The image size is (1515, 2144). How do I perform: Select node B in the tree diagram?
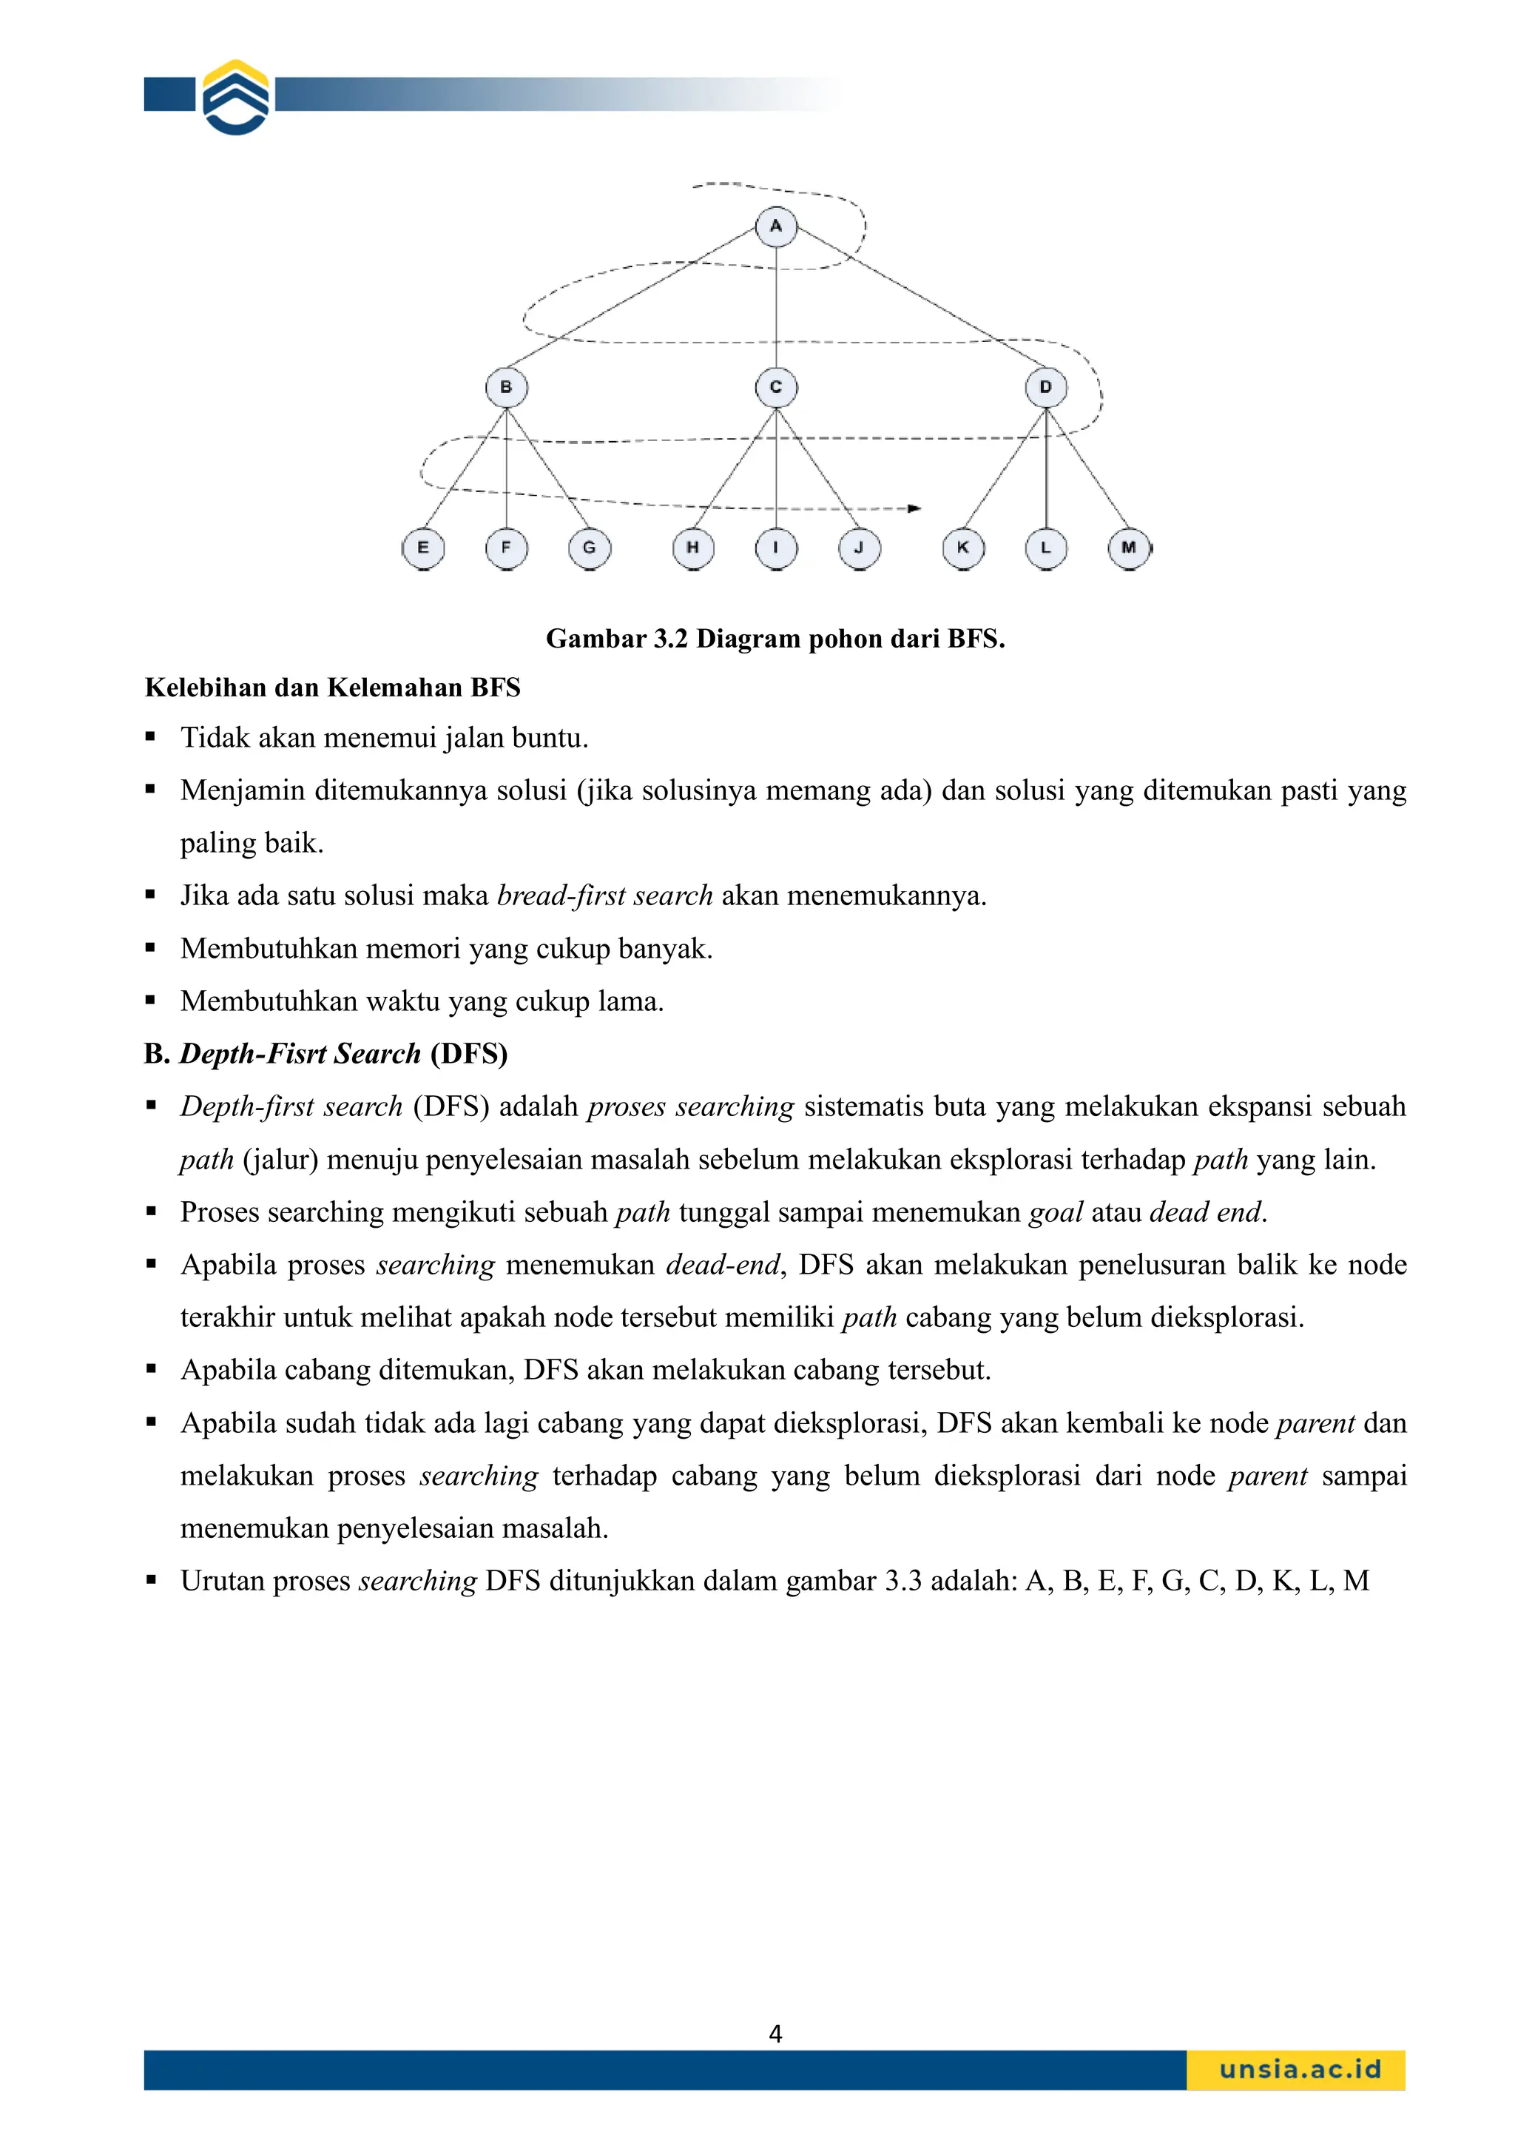tap(506, 388)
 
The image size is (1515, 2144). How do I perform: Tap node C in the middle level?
tap(776, 388)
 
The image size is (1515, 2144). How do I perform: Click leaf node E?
tap(423, 548)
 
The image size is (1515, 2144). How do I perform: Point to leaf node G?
tap(589, 548)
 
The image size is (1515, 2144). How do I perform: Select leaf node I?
tap(776, 548)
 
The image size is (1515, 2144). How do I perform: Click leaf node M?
tap(1129, 548)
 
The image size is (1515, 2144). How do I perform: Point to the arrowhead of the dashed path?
tap(916, 509)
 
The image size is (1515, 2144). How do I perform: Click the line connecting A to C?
tap(777, 308)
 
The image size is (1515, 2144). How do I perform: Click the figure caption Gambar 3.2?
tap(775, 639)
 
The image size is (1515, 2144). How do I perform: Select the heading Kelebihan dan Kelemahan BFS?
tap(332, 688)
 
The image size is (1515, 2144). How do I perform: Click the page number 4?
tap(775, 2034)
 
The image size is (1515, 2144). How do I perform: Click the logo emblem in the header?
tap(236, 97)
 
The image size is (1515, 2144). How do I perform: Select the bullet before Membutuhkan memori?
tap(150, 949)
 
